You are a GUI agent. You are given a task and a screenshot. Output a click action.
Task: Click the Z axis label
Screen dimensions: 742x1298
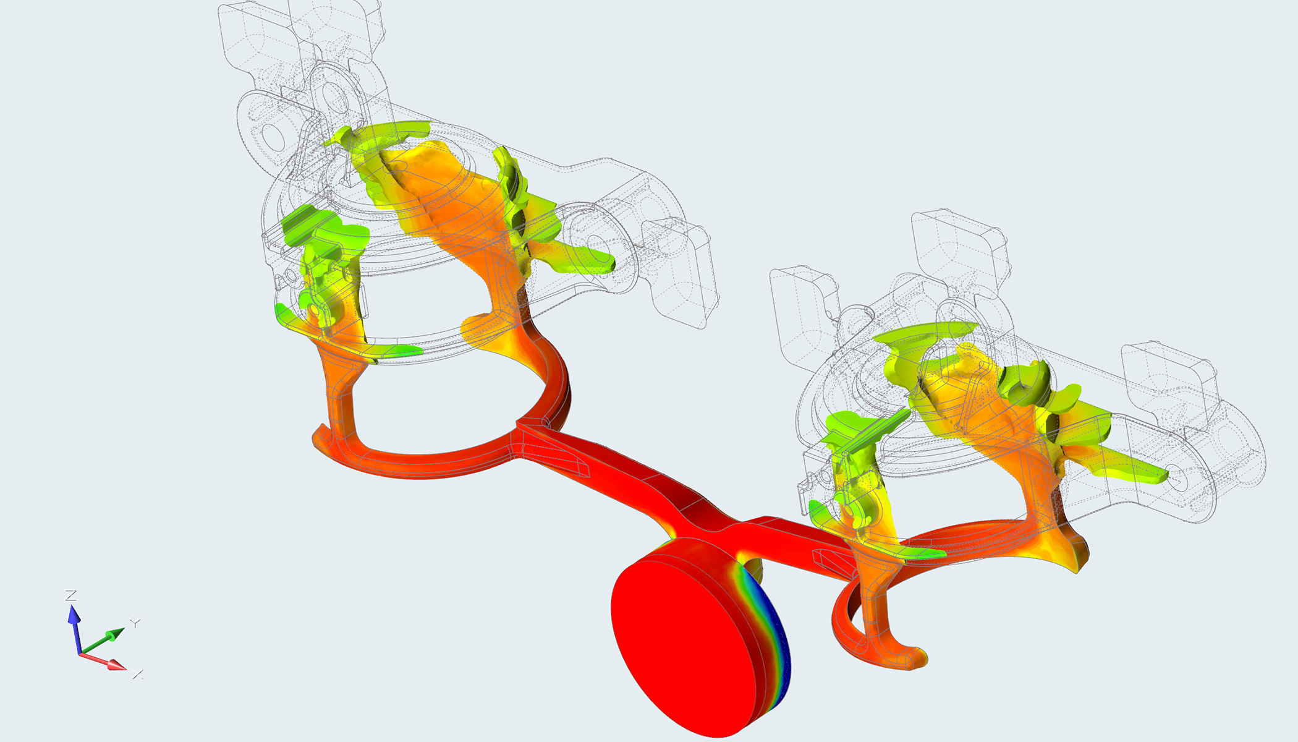click(71, 595)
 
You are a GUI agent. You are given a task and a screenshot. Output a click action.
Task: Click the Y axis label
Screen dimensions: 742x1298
click(135, 623)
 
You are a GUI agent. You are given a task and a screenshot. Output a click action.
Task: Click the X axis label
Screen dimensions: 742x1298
click(138, 674)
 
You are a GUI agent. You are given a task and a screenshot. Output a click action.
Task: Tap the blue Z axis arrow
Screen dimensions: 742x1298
click(74, 625)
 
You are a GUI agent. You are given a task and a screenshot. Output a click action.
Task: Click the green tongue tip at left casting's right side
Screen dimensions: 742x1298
click(603, 263)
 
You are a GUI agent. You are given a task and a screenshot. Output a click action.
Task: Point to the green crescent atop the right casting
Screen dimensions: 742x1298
click(927, 334)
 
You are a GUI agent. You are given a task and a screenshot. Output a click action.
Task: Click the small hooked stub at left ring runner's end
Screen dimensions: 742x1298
click(321, 433)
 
